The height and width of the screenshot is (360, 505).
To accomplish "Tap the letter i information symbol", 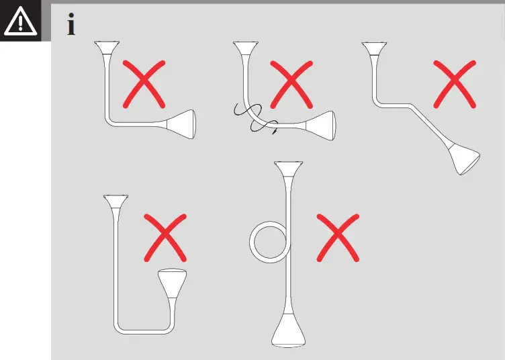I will pyautogui.click(x=71, y=25).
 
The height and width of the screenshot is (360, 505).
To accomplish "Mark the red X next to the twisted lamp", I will pyautogui.click(x=290, y=83).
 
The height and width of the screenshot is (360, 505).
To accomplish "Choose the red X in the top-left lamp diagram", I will pyautogui.click(x=144, y=83).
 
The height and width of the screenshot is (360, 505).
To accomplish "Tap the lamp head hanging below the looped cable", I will pyautogui.click(x=289, y=331).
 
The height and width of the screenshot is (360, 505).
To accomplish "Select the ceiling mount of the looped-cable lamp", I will pyautogui.click(x=289, y=169).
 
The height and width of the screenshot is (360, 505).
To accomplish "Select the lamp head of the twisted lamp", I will pyautogui.click(x=321, y=126).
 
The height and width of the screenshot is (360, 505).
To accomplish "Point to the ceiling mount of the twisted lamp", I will pyautogui.click(x=246, y=49).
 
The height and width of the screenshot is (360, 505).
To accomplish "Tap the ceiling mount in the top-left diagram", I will pyautogui.click(x=106, y=48).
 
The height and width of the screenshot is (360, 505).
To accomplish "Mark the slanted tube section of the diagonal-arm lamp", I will pyautogui.click(x=427, y=127).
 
